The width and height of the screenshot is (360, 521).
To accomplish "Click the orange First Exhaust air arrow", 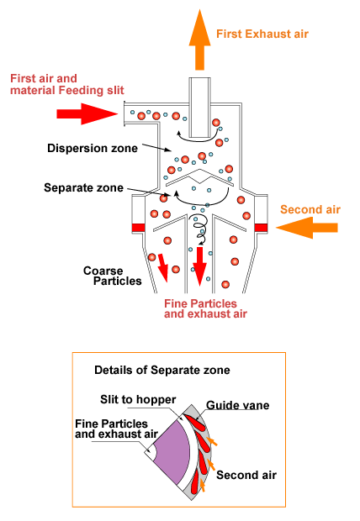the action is point(199,39).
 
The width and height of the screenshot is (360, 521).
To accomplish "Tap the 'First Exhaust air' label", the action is point(262,34).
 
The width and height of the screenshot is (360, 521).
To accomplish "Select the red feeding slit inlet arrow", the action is point(87,114).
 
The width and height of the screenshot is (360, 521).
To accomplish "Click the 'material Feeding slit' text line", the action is point(67,91).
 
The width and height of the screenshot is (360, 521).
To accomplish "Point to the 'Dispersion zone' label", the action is point(93,148).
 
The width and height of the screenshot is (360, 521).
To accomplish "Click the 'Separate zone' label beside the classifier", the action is point(83,187).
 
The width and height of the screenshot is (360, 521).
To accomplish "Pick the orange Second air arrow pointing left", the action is point(307,228).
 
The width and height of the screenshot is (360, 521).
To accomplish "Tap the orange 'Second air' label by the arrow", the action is point(310,210).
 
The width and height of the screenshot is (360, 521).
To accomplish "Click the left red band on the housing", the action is point(139,228).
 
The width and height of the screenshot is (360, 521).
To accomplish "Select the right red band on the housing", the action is point(262,228).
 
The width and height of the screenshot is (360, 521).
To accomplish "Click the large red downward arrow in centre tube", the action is point(199,266).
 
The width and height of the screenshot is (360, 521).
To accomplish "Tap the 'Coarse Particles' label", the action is point(112,276).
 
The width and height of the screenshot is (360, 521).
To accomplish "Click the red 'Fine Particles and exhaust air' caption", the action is point(205,308).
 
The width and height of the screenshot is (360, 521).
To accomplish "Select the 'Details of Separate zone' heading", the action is point(162,370).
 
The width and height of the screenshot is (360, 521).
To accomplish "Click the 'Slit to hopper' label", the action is point(138,399).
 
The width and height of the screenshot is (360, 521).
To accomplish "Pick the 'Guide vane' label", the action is point(237,405).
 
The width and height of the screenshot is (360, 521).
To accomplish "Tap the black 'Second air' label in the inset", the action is point(246,475).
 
